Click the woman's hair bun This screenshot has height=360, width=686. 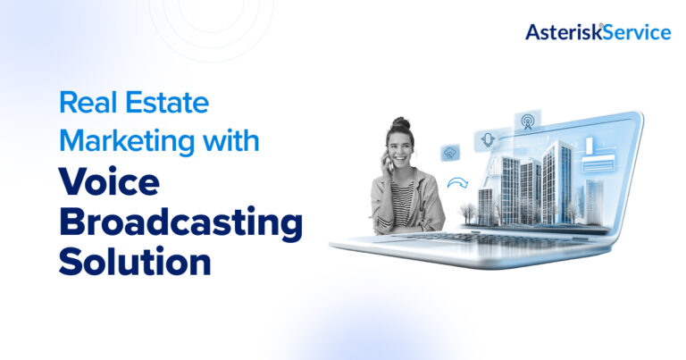click(x=400, y=123)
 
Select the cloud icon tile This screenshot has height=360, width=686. click(x=449, y=153)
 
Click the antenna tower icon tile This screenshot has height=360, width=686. click(x=525, y=120)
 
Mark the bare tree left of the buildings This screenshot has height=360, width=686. click(x=468, y=210)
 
